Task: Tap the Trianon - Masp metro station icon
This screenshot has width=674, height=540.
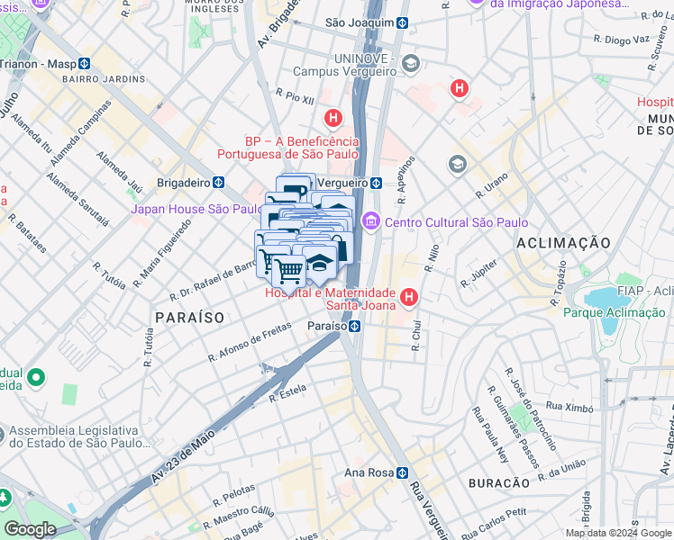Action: pyautogui.click(x=83, y=64)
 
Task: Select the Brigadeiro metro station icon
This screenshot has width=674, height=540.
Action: pyautogui.click(x=218, y=182)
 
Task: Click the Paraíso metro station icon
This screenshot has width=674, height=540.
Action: pyautogui.click(x=357, y=325)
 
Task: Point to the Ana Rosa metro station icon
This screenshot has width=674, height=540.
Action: pyautogui.click(x=405, y=472)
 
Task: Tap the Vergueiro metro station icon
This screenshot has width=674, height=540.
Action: pyautogui.click(x=375, y=182)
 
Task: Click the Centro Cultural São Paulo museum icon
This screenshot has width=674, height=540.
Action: pyautogui.click(x=370, y=222)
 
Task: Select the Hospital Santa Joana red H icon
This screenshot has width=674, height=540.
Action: pyautogui.click(x=409, y=296)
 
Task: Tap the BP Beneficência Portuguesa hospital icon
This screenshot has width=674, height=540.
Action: pyautogui.click(x=333, y=118)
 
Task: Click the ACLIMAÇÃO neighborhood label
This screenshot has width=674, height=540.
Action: pyautogui.click(x=563, y=243)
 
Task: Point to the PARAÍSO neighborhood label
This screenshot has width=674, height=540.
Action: pyautogui.click(x=188, y=318)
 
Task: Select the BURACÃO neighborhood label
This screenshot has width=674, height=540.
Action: pyautogui.click(x=498, y=483)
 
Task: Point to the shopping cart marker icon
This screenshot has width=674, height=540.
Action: pyautogui.click(x=288, y=269)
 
